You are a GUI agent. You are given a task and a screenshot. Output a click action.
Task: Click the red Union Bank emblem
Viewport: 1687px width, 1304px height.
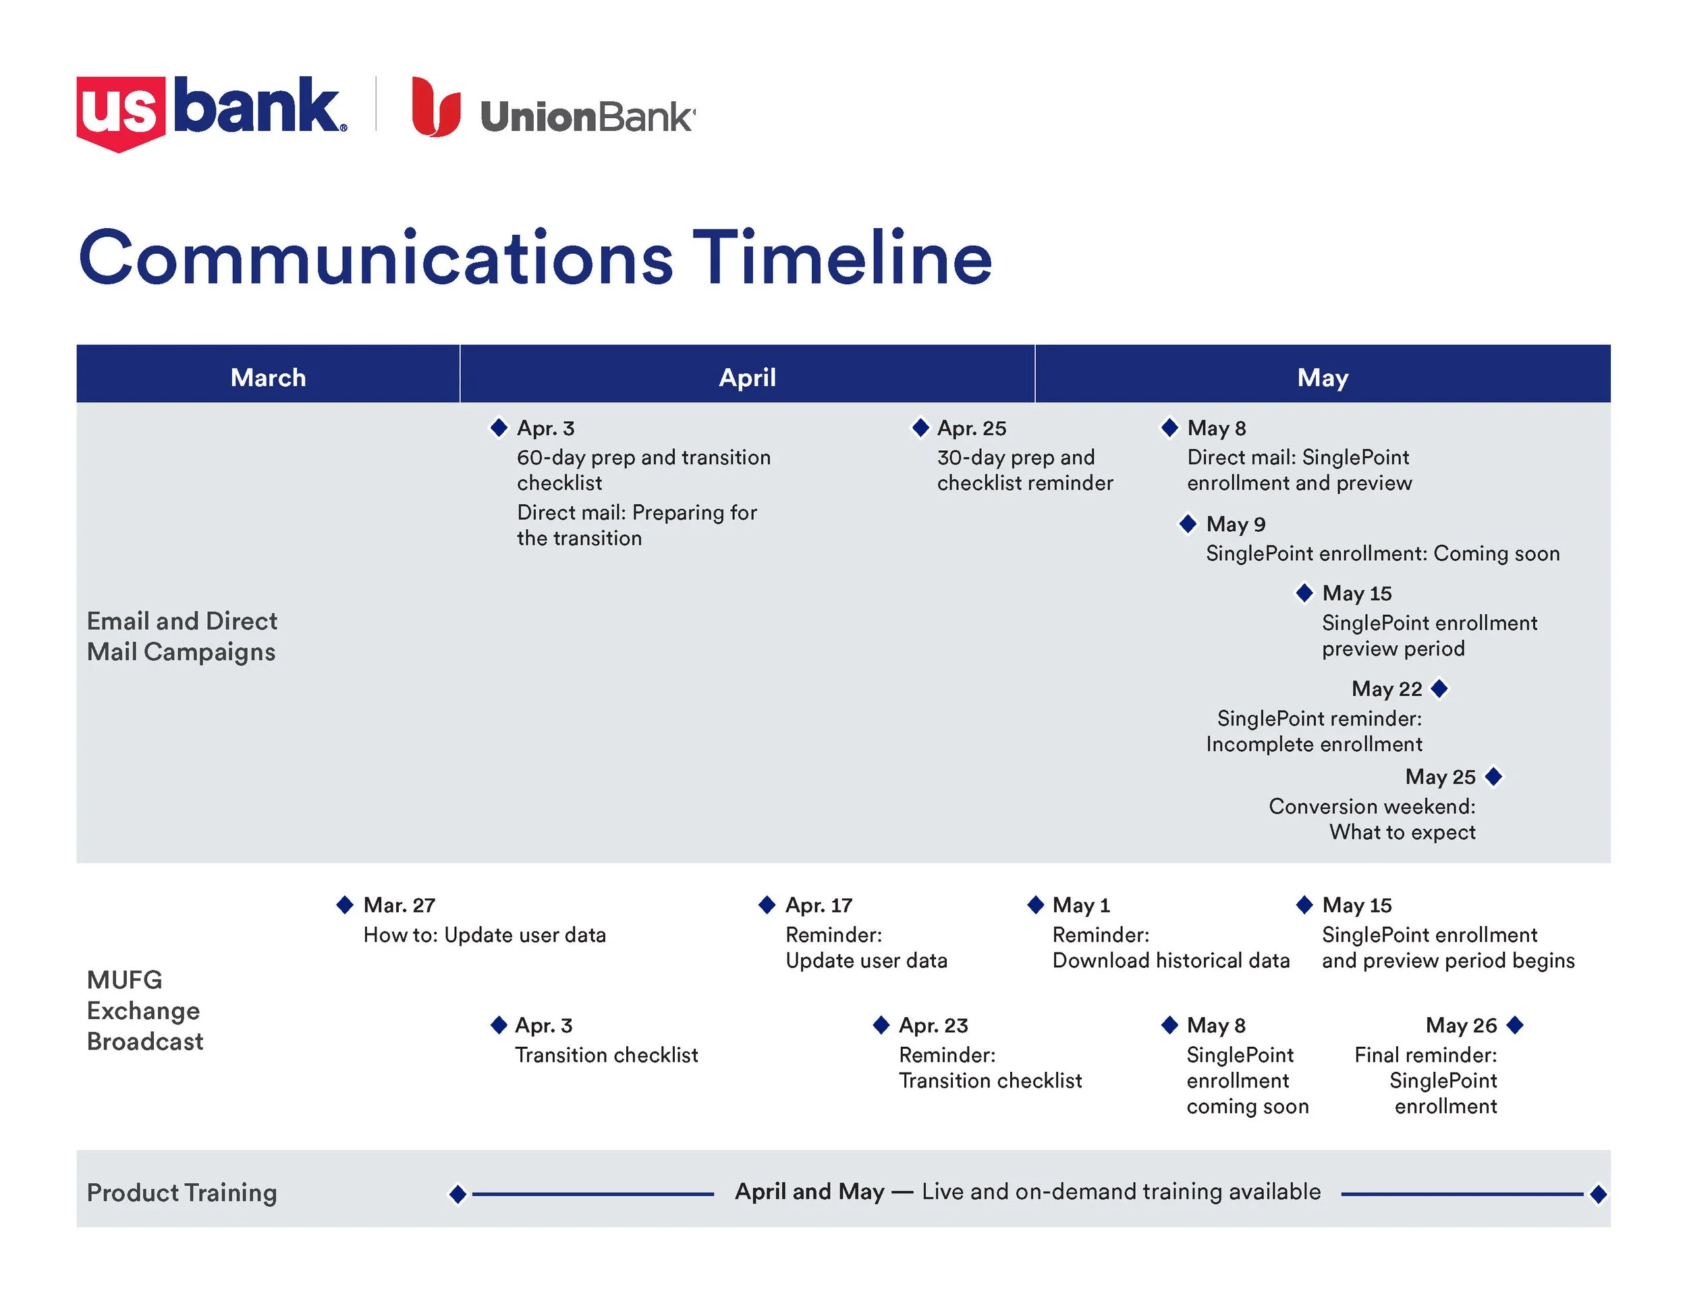point(435,107)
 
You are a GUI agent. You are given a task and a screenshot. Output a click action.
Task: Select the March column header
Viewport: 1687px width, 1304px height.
point(268,377)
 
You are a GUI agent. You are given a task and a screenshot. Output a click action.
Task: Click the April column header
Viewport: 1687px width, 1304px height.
point(747,377)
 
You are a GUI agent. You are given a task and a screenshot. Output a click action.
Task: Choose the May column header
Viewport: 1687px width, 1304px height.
point(1322,377)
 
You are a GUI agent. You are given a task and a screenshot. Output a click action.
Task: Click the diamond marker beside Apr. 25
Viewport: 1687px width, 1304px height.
point(920,427)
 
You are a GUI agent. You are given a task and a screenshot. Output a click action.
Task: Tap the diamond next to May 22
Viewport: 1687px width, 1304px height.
point(1439,688)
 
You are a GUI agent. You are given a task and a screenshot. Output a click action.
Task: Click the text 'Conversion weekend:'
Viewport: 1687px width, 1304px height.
point(1371,807)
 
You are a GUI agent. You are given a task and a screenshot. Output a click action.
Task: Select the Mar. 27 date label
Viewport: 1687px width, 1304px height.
point(399,904)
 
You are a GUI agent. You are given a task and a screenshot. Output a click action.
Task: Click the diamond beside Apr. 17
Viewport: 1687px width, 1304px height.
point(767,904)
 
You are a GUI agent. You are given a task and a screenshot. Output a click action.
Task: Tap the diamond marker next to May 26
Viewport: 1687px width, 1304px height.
point(1515,1025)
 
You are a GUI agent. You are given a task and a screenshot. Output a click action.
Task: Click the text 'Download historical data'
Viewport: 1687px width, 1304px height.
point(1170,960)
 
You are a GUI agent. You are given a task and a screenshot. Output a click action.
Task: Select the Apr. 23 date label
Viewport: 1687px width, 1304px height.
point(933,1025)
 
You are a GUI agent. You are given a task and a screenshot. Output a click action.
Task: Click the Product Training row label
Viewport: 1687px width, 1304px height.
point(182,1192)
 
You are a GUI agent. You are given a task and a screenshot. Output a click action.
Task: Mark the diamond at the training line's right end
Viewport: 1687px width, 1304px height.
point(1598,1194)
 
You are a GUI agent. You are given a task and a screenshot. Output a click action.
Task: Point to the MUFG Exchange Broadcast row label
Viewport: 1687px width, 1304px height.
point(144,1010)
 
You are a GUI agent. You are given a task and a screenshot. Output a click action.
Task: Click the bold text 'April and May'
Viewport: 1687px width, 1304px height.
point(808,1191)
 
